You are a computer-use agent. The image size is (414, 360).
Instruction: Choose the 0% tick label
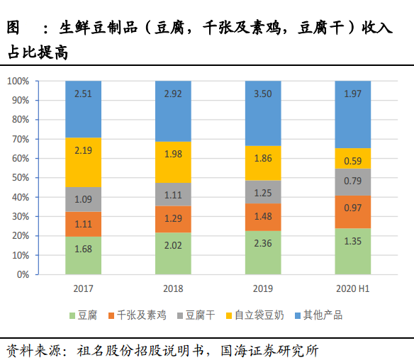[x=23, y=274]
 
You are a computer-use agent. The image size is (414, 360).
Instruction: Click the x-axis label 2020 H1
[x=352, y=289]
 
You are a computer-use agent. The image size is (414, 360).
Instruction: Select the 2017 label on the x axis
[x=83, y=289]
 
